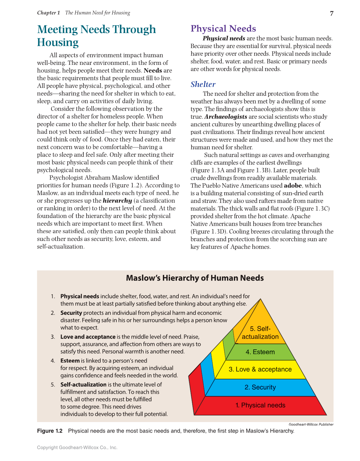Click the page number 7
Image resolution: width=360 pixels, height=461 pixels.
tap(332, 13)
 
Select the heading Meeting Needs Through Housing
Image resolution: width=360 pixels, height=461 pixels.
tap(96, 36)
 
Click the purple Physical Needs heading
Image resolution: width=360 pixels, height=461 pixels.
tap(223, 28)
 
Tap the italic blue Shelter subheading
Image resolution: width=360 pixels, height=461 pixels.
tap(203, 84)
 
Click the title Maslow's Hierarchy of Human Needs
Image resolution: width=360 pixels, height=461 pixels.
tap(195, 278)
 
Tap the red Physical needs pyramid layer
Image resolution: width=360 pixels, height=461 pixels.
tap(260, 405)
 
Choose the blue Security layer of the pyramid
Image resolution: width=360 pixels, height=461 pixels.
tap(260, 387)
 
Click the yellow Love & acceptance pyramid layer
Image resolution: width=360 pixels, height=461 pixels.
tap(260, 369)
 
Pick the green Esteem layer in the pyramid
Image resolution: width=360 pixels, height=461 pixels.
tap(260, 352)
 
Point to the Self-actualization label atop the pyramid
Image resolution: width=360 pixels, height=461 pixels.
tap(260, 333)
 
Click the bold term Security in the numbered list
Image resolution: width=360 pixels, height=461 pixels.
tap(71, 313)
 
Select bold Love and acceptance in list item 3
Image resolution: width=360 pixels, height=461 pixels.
tap(88, 337)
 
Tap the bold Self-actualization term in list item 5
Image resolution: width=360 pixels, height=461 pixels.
tap(83, 384)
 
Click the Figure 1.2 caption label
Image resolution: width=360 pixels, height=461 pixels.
tap(50, 431)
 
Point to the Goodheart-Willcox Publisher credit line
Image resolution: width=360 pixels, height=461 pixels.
tap(311, 424)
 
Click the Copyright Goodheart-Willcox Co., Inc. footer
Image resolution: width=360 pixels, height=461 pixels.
tap(77, 447)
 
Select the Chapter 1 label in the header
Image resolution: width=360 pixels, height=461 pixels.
tap(48, 13)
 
